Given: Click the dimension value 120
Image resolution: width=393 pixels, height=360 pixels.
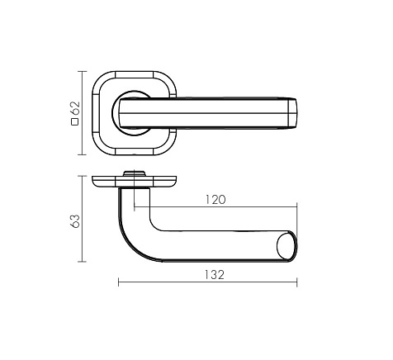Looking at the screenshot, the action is tap(215, 200).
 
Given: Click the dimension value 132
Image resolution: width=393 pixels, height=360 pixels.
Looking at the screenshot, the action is tap(215, 275).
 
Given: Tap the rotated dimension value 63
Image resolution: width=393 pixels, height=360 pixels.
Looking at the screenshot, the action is tap(75, 220).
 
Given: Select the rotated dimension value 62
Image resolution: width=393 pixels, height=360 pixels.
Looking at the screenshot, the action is tap(75, 108).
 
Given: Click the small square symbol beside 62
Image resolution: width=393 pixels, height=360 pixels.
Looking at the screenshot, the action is tap(75, 121).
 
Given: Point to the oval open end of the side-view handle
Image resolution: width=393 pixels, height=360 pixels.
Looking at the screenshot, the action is tap(287, 246).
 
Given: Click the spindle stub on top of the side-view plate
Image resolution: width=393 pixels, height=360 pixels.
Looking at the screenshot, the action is tap(134, 173).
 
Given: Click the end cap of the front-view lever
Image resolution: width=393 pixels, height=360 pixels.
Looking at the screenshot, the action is tap(292, 113).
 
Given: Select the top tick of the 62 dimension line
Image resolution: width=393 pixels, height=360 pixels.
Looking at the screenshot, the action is tap(82, 71).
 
